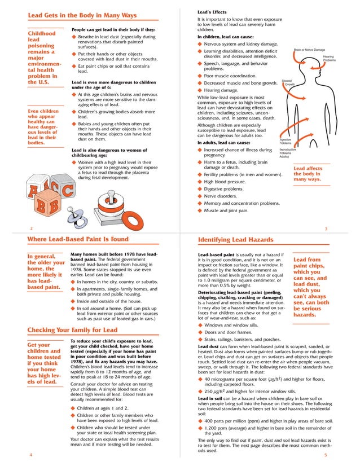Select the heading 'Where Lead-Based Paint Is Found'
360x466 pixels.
point(78,239)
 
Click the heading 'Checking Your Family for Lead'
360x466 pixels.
point(72,329)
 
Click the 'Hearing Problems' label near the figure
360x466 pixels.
point(329,58)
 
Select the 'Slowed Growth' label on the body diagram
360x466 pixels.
point(288,82)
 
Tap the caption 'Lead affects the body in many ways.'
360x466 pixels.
point(308,173)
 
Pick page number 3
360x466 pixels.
point(327,228)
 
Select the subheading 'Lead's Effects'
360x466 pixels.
point(212,12)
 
